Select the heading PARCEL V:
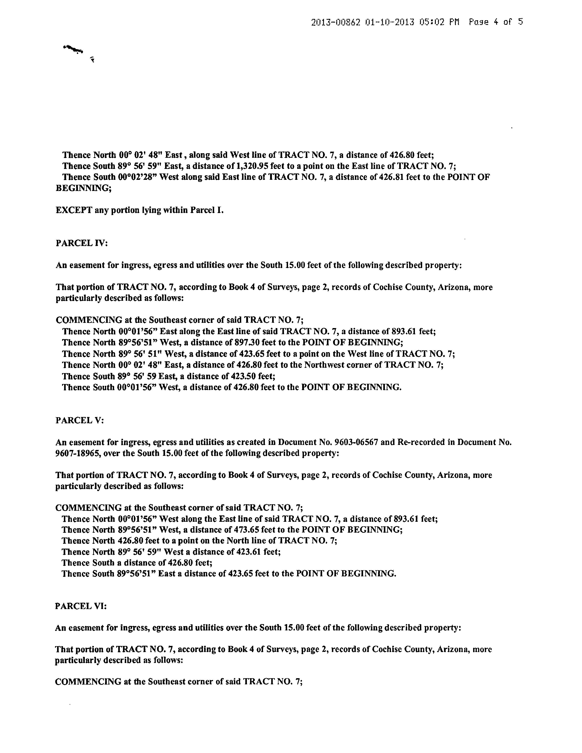pyautogui.click(x=79, y=420)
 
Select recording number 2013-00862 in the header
pyautogui.click(x=336, y=23)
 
